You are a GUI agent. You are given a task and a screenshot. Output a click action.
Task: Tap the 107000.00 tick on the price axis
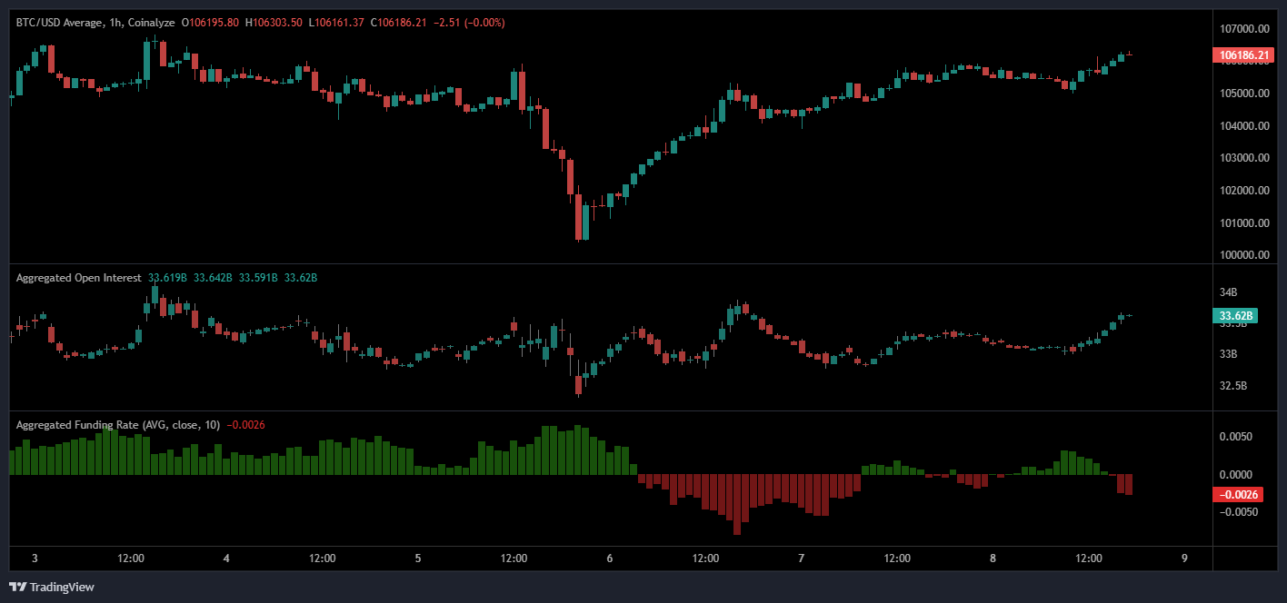click(x=1244, y=28)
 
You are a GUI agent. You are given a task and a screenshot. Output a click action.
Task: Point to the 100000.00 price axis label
click(x=1244, y=255)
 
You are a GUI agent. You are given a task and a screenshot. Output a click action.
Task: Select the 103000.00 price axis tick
click(x=1244, y=158)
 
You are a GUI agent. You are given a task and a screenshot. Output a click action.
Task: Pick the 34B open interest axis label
click(x=1228, y=292)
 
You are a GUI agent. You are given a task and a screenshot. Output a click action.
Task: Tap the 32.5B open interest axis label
click(x=1232, y=387)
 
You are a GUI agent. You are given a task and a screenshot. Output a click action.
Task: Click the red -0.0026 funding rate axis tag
click(x=1237, y=495)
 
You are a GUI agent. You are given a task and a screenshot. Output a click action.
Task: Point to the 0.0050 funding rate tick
click(x=1235, y=437)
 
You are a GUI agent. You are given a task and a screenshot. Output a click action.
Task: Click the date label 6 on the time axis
click(x=610, y=559)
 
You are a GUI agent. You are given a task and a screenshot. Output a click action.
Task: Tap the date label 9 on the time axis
click(x=1184, y=559)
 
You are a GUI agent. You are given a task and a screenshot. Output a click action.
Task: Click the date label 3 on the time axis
click(x=35, y=559)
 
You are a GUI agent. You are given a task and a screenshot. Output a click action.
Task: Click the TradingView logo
click(x=52, y=587)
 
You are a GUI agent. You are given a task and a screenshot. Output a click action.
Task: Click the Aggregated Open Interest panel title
click(x=78, y=278)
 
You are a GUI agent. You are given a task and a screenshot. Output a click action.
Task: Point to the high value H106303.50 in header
click(x=274, y=22)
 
